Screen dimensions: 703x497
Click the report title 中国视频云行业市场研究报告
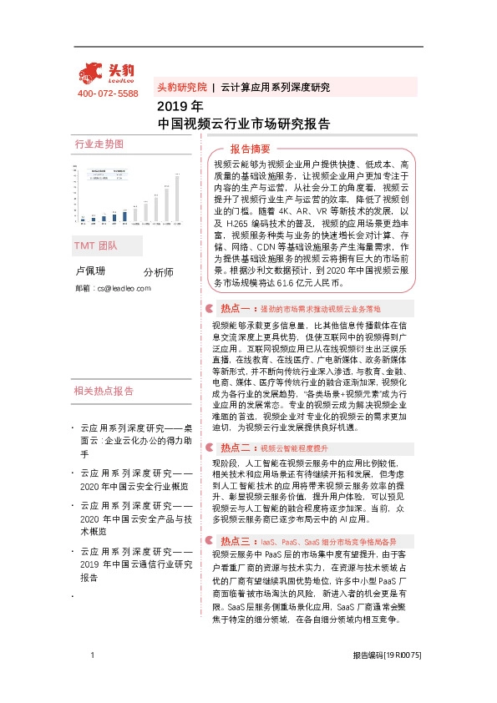pyautogui.click(x=243, y=124)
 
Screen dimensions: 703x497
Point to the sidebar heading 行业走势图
pyautogui.click(x=99, y=144)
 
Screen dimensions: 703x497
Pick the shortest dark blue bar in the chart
pyautogui.click(x=81, y=221)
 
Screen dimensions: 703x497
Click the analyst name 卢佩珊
pyautogui.click(x=90, y=271)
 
